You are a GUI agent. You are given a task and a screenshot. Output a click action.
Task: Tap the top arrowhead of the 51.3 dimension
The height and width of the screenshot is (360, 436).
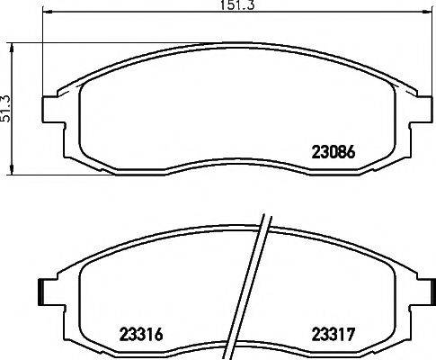12,44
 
